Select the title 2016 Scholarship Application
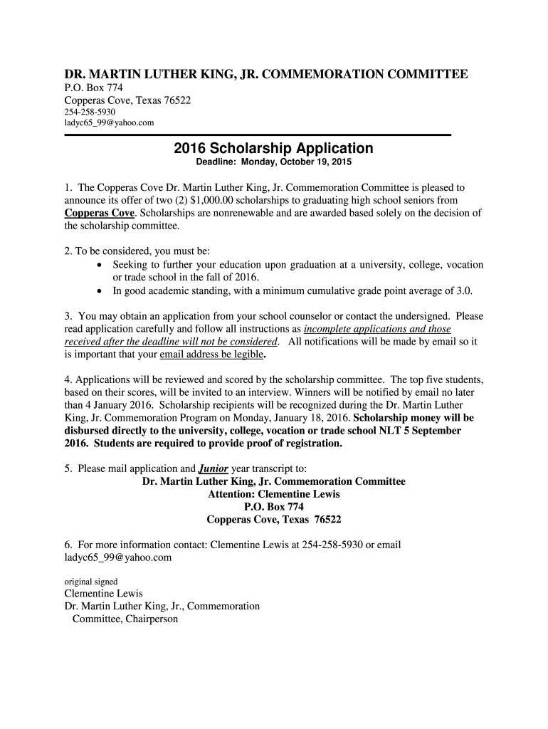273,148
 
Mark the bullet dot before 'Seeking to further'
100,265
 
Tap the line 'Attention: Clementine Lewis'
273,494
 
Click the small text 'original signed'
91,581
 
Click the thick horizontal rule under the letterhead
258,135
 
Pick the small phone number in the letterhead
90,112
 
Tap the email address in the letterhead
109,123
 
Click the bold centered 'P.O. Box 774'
274,507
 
